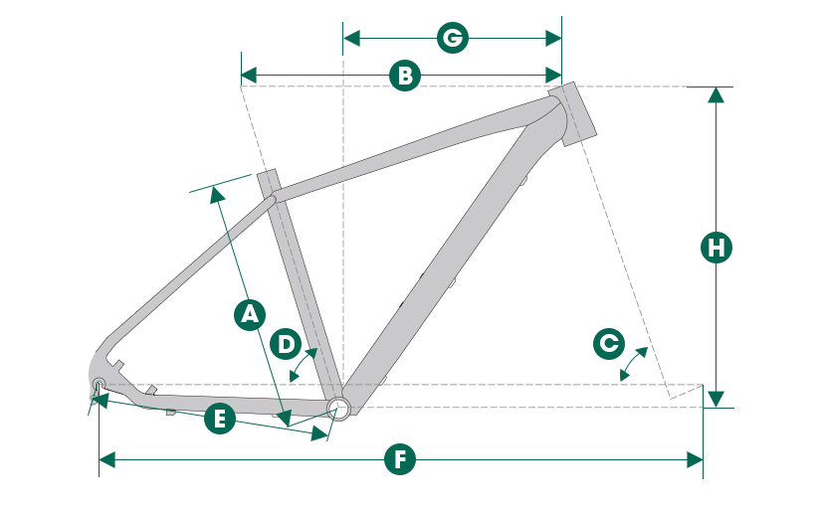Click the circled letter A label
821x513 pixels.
(249, 314)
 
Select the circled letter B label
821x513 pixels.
(403, 76)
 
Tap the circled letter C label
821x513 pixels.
(607, 344)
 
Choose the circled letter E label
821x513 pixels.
(219, 419)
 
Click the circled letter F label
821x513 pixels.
(400, 459)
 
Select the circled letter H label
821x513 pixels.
(716, 248)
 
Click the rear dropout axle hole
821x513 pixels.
(99, 384)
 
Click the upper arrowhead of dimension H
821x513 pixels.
(716, 94)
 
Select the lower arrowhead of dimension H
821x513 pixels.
(716, 400)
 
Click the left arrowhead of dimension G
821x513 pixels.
(350, 39)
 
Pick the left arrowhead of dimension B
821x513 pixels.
(249, 76)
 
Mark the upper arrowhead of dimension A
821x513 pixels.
(216, 194)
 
